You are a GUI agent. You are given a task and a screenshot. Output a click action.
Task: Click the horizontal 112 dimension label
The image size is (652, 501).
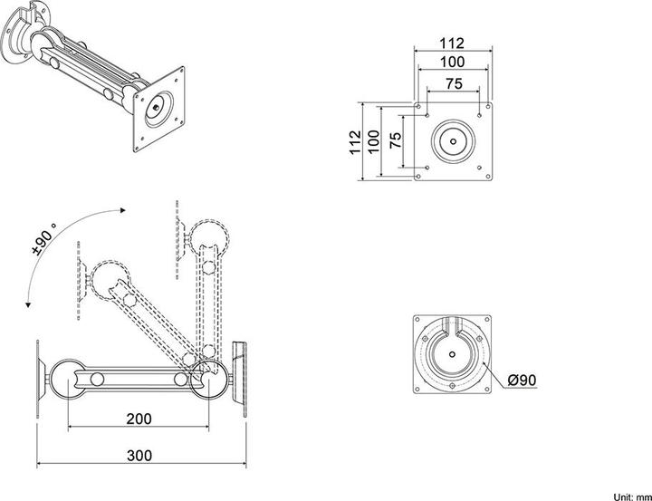453,43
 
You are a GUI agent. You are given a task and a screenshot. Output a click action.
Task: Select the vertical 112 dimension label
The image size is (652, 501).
355,140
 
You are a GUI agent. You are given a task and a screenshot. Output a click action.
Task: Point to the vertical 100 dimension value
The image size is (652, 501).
374,140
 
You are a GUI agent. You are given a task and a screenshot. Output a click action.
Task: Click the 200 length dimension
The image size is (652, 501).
139,419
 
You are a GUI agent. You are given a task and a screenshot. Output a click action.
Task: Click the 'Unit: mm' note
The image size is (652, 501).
631,495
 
